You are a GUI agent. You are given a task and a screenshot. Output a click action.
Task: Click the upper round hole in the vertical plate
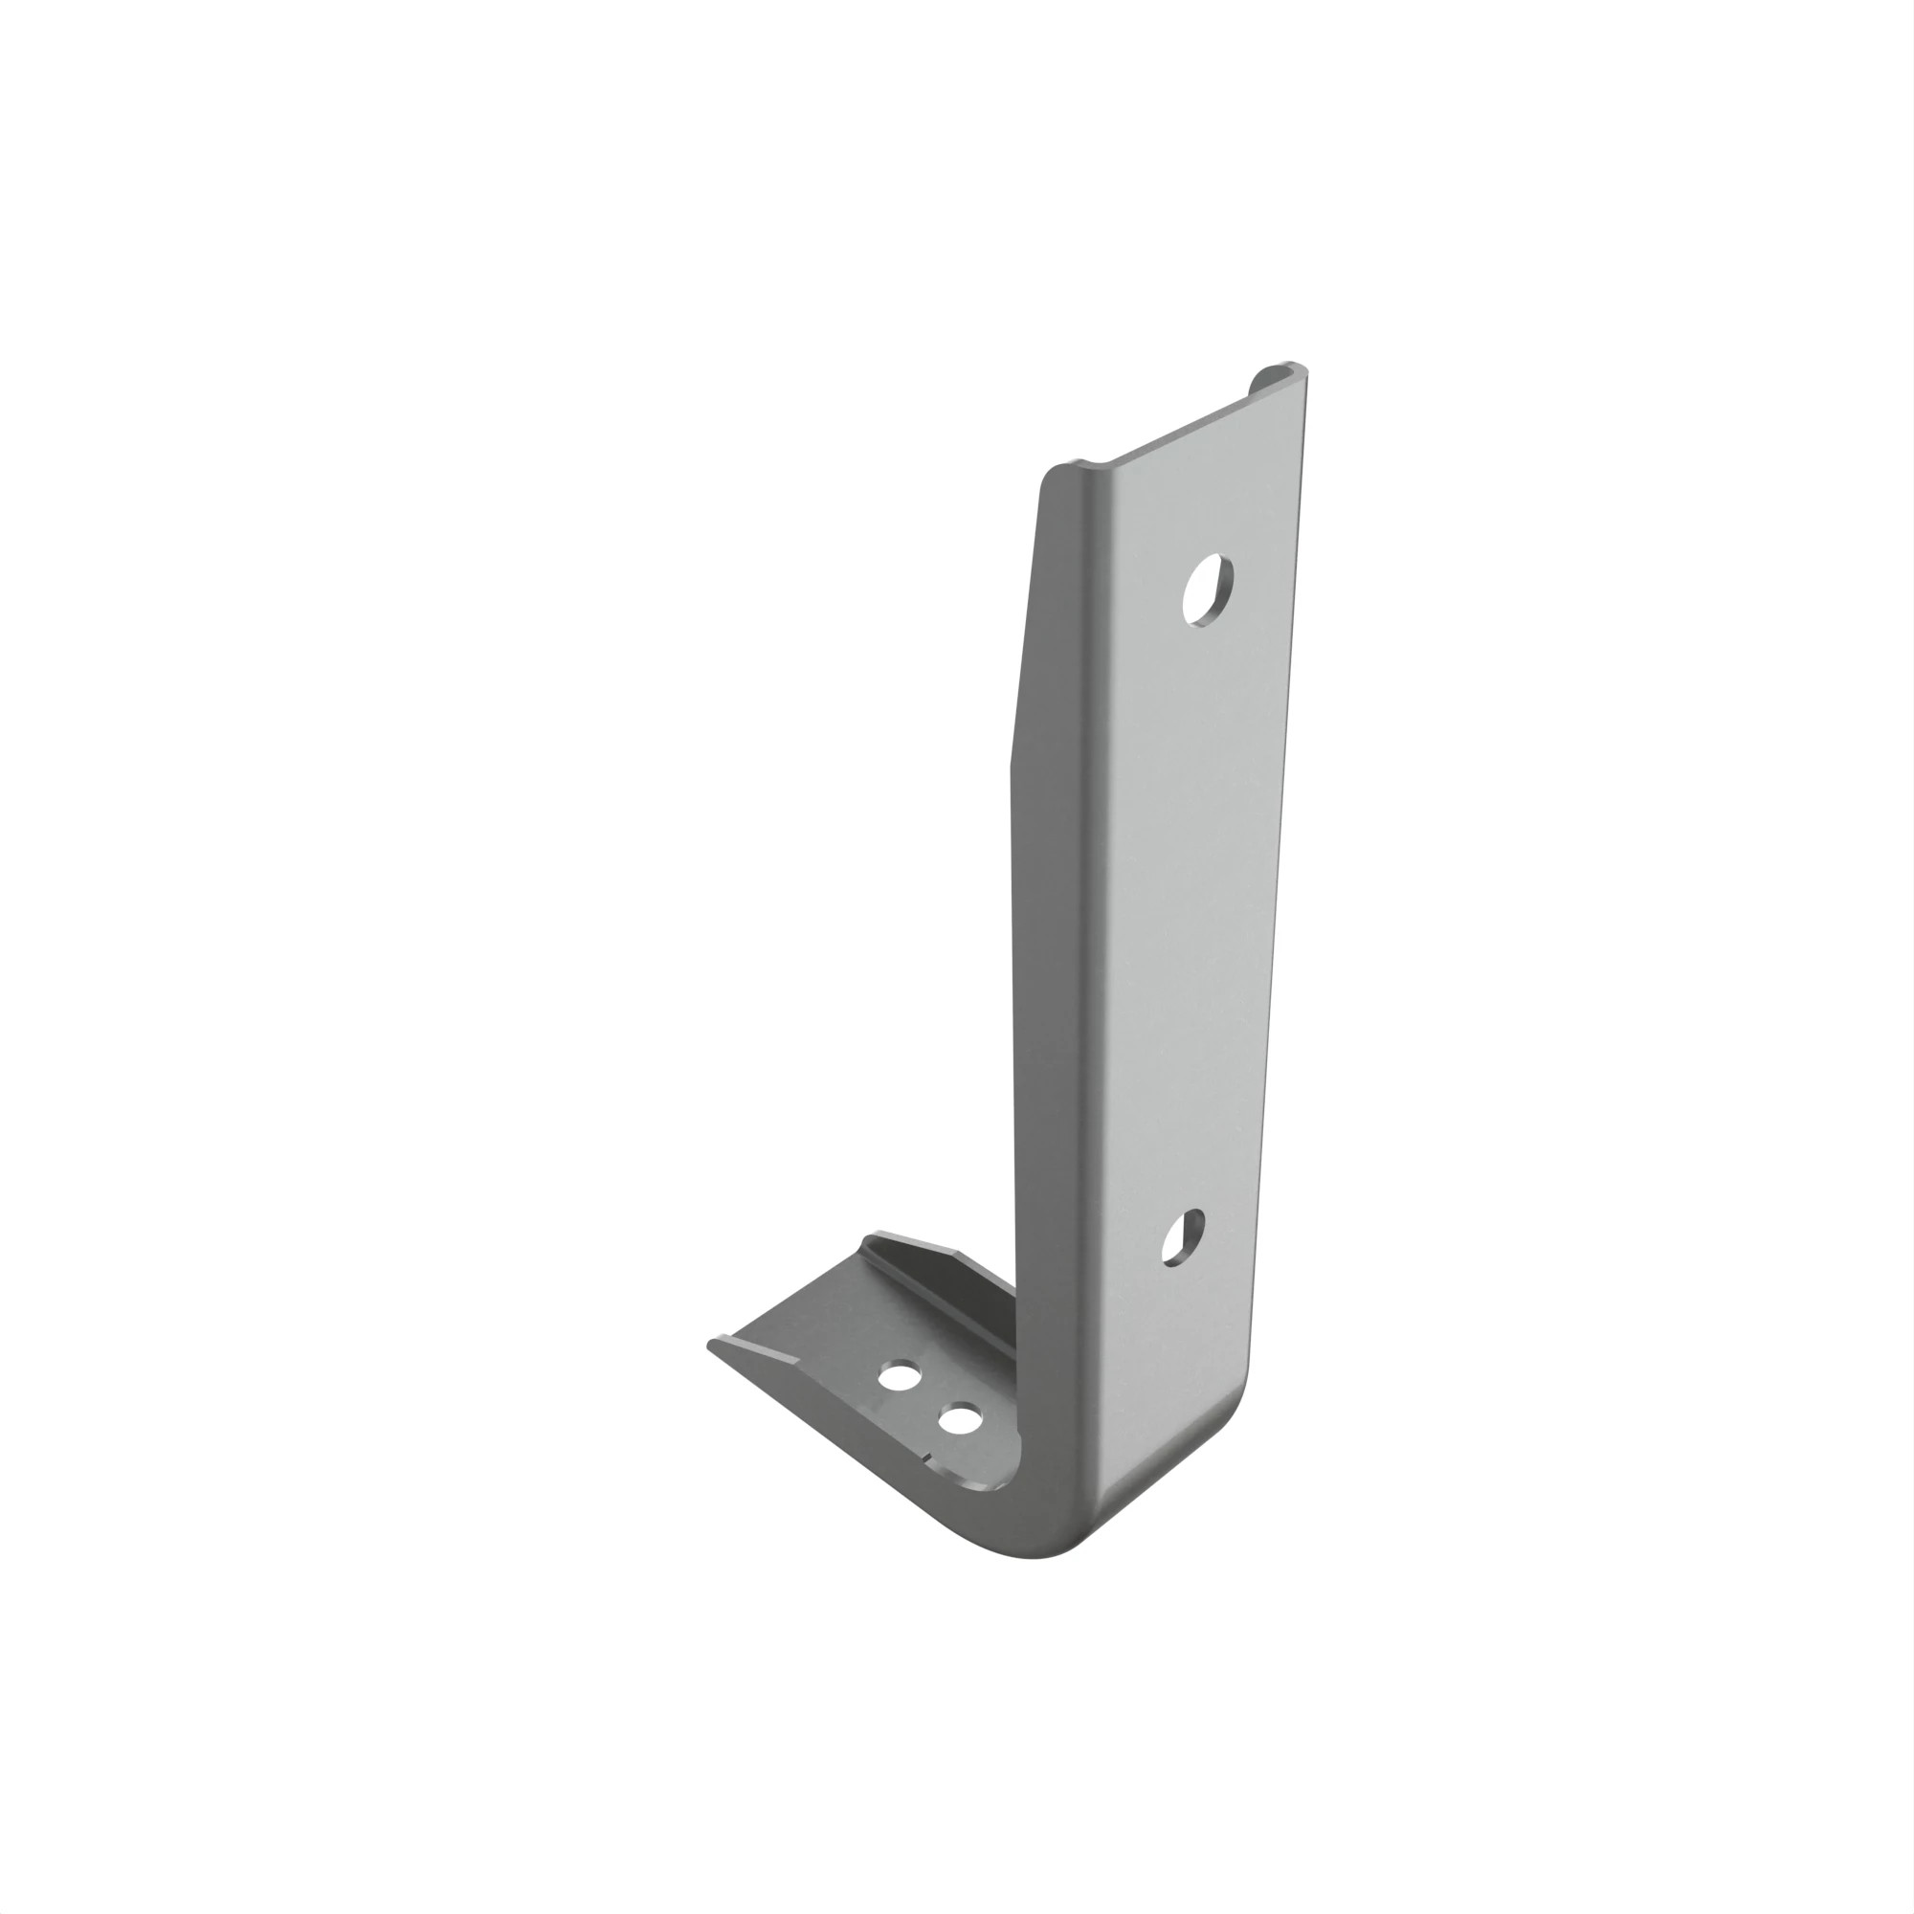[1209, 590]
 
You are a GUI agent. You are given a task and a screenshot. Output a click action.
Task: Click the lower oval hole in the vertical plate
[1182, 1237]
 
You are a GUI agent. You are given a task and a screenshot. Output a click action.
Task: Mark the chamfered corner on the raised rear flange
[961, 1254]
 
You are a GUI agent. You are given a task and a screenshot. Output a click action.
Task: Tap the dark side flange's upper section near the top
[1035, 594]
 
